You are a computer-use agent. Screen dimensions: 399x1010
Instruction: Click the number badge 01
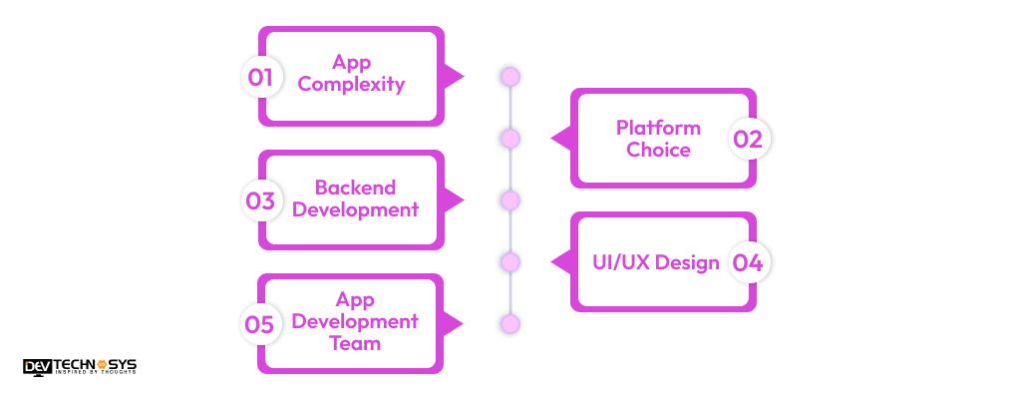click(261, 77)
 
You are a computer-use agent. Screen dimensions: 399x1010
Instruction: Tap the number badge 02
click(748, 139)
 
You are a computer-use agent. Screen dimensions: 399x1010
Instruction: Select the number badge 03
click(261, 200)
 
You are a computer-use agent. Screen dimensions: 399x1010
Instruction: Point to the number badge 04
click(748, 262)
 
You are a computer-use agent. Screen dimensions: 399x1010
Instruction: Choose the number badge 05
click(261, 324)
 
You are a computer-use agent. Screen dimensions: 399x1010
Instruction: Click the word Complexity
click(351, 85)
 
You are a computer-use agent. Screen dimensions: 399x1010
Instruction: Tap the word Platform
click(658, 128)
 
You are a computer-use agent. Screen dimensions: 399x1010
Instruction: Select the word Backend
click(355, 188)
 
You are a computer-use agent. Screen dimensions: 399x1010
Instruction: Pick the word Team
click(355, 343)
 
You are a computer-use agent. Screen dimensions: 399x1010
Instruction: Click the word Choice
click(658, 151)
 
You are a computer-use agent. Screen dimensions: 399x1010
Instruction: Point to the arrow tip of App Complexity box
click(461, 77)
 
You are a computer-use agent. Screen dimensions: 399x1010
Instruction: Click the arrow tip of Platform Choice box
click(554, 139)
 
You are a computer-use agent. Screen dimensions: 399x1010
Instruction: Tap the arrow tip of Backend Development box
click(461, 200)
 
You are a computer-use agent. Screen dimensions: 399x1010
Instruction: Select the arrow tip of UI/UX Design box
click(554, 262)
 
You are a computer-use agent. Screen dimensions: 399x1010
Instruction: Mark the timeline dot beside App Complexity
click(510, 77)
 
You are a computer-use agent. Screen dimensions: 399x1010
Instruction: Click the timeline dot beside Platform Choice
click(510, 139)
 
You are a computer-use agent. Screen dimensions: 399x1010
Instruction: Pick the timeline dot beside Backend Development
click(510, 200)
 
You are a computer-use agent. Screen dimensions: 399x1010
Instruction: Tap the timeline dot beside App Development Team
click(510, 324)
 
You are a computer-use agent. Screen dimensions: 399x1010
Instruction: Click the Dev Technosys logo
click(80, 367)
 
